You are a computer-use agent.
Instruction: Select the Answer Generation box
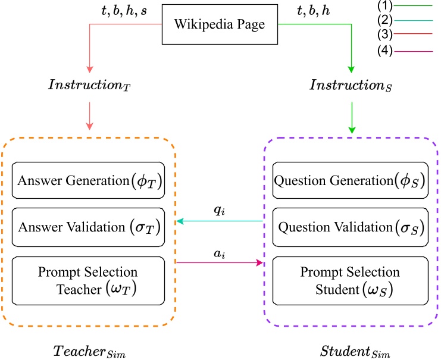pyautogui.click(x=87, y=180)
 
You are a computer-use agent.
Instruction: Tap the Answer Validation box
pyautogui.click(x=87, y=227)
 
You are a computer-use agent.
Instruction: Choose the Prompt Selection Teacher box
pyautogui.click(x=87, y=280)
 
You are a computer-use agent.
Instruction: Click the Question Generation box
pyautogui.click(x=350, y=180)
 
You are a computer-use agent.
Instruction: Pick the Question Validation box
pyautogui.click(x=350, y=227)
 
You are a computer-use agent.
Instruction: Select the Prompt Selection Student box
pyautogui.click(x=350, y=280)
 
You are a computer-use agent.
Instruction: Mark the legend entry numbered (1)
pyautogui.click(x=405, y=5)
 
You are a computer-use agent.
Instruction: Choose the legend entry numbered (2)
pyautogui.click(x=405, y=20)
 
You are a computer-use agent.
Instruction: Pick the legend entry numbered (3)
pyautogui.click(x=405, y=34)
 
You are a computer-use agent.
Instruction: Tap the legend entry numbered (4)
pyautogui.click(x=405, y=52)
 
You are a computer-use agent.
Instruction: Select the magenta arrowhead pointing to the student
pyautogui.click(x=259, y=262)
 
